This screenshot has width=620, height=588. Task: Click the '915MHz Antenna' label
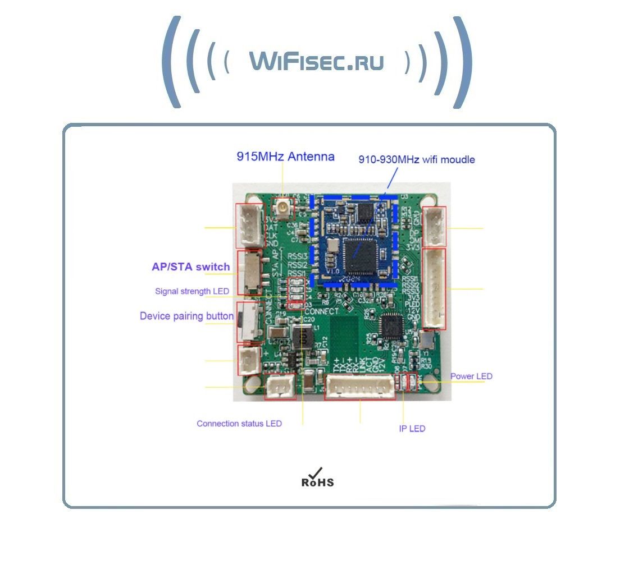coord(285,157)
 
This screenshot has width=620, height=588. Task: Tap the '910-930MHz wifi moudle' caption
coord(417,160)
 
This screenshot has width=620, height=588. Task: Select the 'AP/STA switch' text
coord(190,267)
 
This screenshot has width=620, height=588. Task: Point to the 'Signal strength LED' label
coord(192,291)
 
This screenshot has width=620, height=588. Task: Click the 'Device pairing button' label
coord(186,316)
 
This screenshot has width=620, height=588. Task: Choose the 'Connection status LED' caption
coord(239,424)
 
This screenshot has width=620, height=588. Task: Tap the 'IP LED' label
coord(412,429)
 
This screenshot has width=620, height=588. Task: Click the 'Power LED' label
coord(471,376)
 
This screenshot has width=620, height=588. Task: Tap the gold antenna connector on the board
coord(282,209)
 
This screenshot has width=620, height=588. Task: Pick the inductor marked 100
coord(302,336)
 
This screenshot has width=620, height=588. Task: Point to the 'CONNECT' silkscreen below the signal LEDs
coord(324,311)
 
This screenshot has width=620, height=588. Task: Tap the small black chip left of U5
coord(392,324)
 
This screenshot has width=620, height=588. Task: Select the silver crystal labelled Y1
coord(426,339)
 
